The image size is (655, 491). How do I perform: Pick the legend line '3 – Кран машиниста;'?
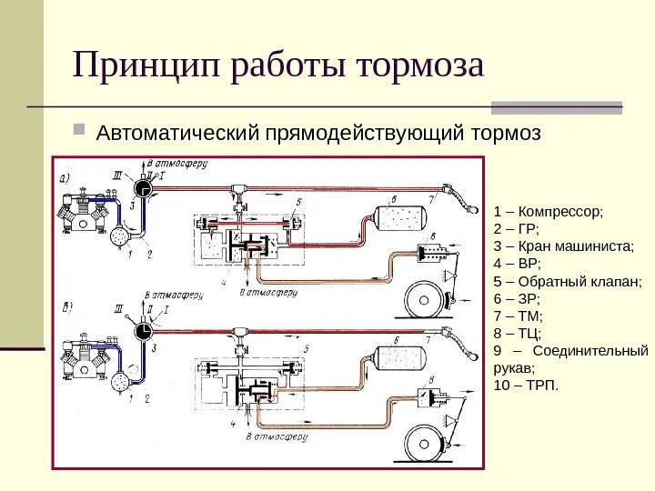click(x=563, y=245)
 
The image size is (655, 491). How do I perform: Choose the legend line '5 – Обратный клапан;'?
click(x=568, y=281)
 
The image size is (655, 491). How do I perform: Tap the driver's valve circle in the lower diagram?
click(x=142, y=333)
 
